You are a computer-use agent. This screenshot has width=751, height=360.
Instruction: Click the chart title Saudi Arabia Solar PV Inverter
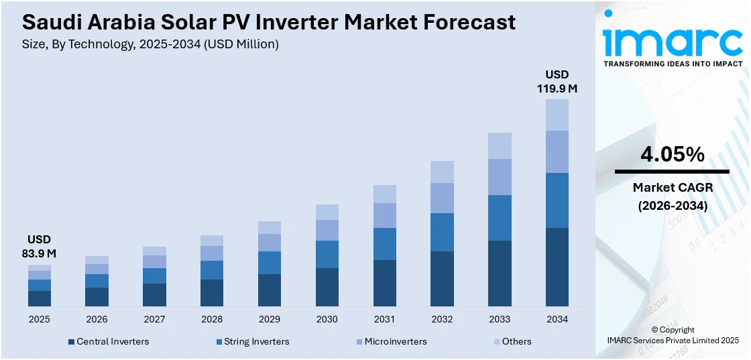coord(268,22)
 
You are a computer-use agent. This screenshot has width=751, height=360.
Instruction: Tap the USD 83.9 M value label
coord(39,247)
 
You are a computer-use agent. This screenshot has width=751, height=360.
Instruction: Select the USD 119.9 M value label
coord(557,81)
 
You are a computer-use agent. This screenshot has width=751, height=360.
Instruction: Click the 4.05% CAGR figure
coord(672,155)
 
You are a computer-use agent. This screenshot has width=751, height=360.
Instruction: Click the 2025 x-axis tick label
coord(39,319)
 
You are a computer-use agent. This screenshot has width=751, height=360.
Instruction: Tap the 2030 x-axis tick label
coord(327,319)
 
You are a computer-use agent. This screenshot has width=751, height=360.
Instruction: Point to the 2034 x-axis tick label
coord(557,319)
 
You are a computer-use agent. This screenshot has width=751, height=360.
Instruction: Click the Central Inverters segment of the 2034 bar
coord(557,267)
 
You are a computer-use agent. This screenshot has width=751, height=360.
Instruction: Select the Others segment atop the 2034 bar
coord(557,115)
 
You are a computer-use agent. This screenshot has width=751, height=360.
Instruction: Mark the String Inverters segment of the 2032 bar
coord(442,232)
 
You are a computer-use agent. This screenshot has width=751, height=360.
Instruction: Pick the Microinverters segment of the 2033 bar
coord(500,177)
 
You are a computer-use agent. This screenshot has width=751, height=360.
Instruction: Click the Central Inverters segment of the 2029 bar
coord(269,290)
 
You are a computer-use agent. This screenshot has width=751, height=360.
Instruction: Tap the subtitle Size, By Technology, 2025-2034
coord(150,44)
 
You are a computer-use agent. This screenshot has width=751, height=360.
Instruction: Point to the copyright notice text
coord(673,335)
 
